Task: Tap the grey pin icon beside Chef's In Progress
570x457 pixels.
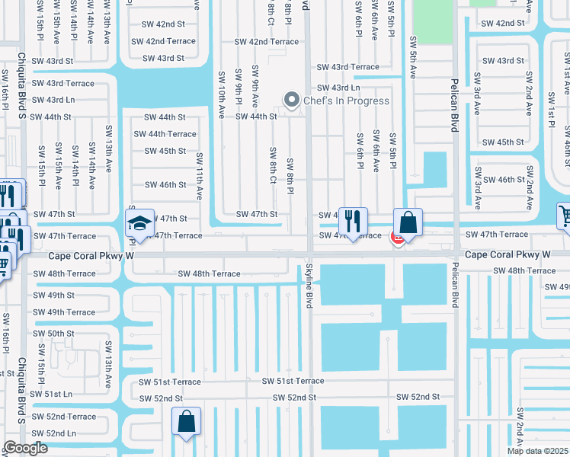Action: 290,100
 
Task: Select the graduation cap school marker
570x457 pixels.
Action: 140,224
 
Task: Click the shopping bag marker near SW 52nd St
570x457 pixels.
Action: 187,422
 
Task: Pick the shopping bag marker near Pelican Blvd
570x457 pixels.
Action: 408,223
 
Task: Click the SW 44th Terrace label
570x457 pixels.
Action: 165,134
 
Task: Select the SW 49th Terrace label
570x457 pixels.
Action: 64,312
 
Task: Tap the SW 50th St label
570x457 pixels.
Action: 53,334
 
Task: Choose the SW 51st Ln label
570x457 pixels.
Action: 53,394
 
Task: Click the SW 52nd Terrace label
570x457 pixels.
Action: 64,417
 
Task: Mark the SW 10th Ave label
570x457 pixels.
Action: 221,101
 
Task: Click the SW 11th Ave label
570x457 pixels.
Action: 199,176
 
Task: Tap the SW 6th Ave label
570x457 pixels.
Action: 376,151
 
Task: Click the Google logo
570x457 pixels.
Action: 25,448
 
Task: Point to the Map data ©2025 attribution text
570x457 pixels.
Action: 537,451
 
